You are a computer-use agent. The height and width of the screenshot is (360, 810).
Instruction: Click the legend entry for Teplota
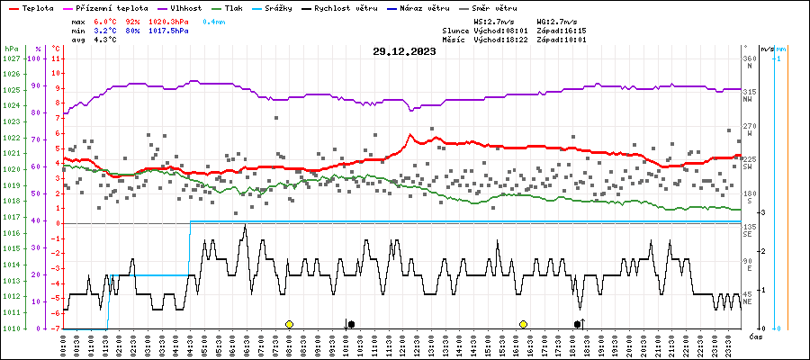click(x=38, y=7)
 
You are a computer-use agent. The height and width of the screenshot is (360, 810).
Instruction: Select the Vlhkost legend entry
click(x=192, y=7)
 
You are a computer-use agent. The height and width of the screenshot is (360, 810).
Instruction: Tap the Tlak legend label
click(x=236, y=7)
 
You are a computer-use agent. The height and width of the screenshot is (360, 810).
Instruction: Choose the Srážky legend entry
click(x=283, y=7)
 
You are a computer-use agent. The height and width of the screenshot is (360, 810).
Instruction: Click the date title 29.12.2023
click(x=404, y=51)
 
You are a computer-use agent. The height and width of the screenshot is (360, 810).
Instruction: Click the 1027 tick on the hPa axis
click(x=11, y=58)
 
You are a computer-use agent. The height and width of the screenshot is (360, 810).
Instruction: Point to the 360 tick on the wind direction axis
click(x=749, y=58)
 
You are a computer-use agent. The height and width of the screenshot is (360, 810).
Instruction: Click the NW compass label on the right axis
click(x=749, y=101)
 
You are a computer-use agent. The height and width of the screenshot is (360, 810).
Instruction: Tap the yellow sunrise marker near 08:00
click(x=289, y=324)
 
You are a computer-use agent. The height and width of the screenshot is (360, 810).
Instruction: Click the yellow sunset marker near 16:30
click(x=523, y=324)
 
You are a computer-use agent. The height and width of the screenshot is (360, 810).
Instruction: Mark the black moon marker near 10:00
click(x=351, y=324)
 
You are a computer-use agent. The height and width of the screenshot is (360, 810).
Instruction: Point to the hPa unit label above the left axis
click(x=11, y=49)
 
